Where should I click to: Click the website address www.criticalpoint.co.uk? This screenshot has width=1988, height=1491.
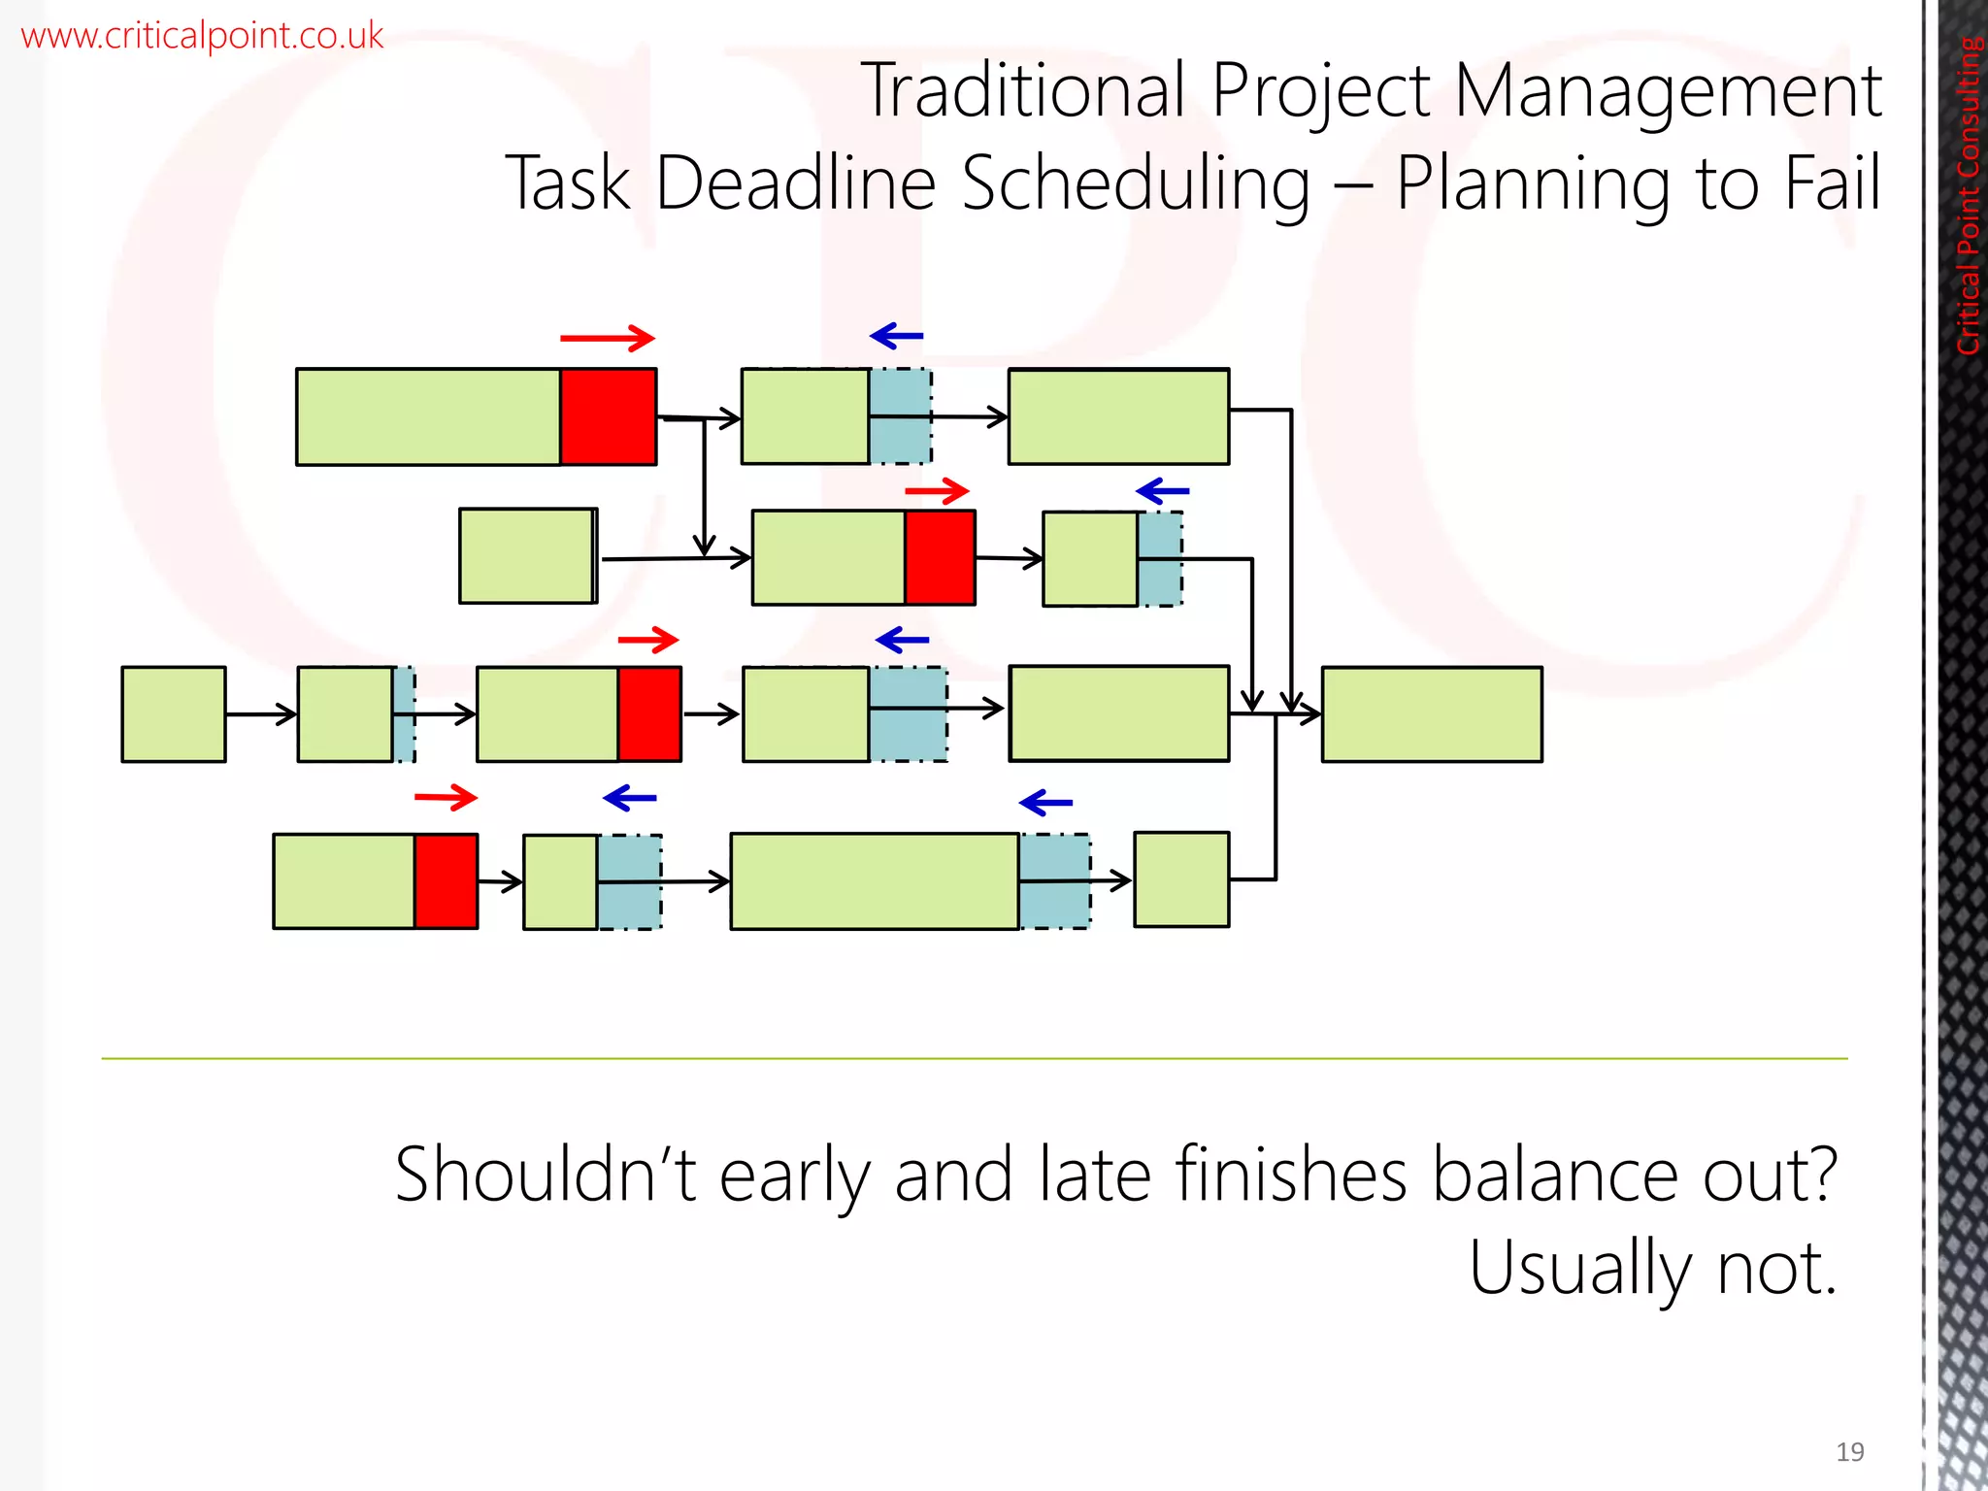[202, 36]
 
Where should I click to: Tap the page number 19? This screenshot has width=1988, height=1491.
[1849, 1451]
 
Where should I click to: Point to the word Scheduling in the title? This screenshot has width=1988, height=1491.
[1136, 184]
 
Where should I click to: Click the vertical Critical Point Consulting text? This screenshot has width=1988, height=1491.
[1968, 194]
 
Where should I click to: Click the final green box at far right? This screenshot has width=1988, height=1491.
[1432, 714]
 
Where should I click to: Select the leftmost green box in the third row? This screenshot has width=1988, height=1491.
[174, 714]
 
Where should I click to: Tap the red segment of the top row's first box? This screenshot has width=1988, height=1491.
[608, 417]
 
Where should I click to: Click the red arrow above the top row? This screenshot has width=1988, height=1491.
[608, 338]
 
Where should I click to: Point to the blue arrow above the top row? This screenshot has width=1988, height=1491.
[897, 336]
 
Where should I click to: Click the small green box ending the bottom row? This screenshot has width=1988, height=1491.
[1181, 879]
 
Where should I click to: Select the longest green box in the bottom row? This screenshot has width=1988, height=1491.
[875, 881]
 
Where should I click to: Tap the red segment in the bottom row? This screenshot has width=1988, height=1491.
[447, 881]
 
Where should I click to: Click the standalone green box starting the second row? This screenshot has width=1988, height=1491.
[527, 556]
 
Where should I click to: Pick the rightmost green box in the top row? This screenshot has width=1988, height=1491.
[1118, 417]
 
